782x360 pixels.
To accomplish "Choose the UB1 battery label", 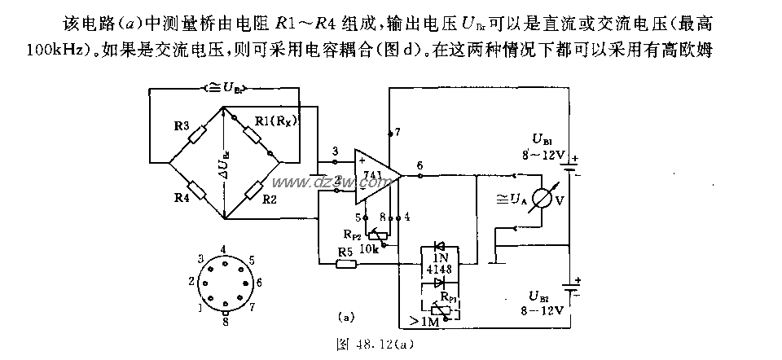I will click(x=544, y=141).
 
